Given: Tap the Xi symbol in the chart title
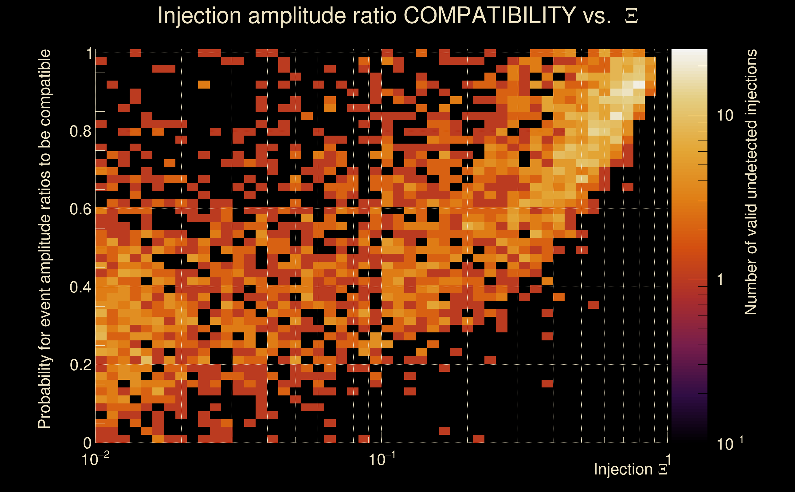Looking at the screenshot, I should [631, 16].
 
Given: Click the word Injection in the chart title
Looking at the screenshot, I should [199, 16].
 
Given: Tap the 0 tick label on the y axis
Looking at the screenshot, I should [87, 442].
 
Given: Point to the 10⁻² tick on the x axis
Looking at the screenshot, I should [95, 459].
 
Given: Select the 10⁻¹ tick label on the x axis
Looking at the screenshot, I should [382, 459].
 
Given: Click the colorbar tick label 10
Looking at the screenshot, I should [725, 116].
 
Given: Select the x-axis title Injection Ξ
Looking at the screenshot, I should [631, 469].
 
